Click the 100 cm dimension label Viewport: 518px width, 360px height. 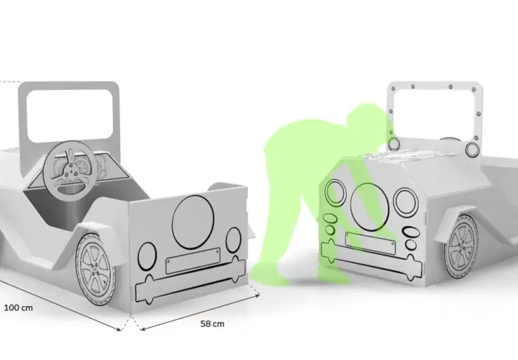click(x=18, y=307)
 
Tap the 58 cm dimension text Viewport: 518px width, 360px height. click(x=212, y=323)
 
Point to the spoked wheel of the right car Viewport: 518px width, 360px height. click(x=461, y=246)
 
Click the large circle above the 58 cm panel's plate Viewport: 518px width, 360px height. click(x=193, y=222)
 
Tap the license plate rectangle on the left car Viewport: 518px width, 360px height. click(x=193, y=261)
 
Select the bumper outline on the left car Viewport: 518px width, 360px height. click(x=191, y=279)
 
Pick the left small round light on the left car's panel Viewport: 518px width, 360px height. click(x=147, y=256)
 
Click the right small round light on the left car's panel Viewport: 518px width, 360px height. click(x=233, y=240)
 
